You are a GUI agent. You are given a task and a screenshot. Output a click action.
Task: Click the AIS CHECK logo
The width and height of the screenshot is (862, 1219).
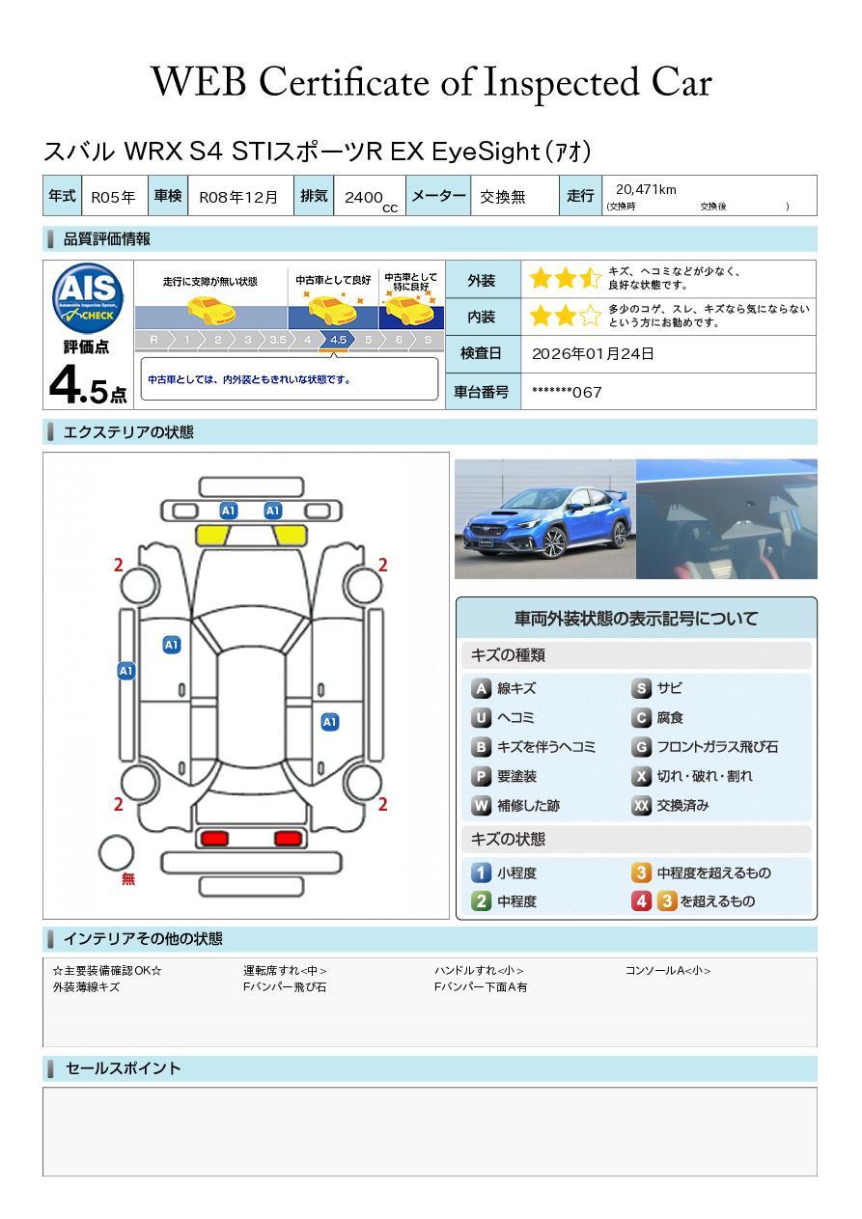tap(88, 297)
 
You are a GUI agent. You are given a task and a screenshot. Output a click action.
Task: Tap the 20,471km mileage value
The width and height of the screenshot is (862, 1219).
tap(646, 189)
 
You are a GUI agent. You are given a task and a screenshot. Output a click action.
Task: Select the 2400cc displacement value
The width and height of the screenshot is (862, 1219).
tap(371, 200)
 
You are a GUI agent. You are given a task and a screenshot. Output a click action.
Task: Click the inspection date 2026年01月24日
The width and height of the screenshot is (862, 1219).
tap(593, 353)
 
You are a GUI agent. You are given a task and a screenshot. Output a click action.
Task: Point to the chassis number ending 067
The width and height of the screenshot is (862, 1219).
tap(567, 392)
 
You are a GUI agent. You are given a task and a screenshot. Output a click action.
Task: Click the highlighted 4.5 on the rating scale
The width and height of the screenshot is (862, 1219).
tap(338, 340)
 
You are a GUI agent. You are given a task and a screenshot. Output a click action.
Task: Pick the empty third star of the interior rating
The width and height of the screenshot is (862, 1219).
tap(591, 316)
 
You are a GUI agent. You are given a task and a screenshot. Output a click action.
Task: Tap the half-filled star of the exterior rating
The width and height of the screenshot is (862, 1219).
tap(591, 278)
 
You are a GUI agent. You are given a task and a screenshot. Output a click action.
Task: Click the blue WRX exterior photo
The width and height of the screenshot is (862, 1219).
tap(545, 518)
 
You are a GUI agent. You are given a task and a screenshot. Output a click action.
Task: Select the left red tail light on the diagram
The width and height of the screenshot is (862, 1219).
tap(214, 838)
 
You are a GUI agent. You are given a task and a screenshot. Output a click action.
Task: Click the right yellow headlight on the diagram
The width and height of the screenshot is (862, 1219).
tap(290, 535)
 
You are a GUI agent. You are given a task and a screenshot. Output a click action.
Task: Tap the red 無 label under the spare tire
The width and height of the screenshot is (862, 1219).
tap(128, 878)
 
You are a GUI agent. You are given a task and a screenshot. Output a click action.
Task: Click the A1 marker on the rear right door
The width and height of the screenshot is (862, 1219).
tap(330, 722)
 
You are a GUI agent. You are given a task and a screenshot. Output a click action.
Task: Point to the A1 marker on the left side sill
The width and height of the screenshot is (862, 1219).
tap(126, 671)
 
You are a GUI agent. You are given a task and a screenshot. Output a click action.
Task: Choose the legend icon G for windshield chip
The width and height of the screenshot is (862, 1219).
tap(642, 747)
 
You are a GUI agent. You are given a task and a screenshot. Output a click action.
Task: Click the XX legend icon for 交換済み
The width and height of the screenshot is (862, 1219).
tap(642, 805)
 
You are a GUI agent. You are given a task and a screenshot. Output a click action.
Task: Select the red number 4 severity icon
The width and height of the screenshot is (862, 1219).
tap(642, 901)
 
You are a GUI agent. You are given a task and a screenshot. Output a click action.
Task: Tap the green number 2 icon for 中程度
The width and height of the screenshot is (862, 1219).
tap(481, 901)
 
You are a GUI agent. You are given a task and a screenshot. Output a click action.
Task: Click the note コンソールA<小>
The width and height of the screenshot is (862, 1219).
tap(668, 970)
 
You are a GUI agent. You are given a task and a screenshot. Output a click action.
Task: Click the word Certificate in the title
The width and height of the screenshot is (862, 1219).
tap(344, 82)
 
